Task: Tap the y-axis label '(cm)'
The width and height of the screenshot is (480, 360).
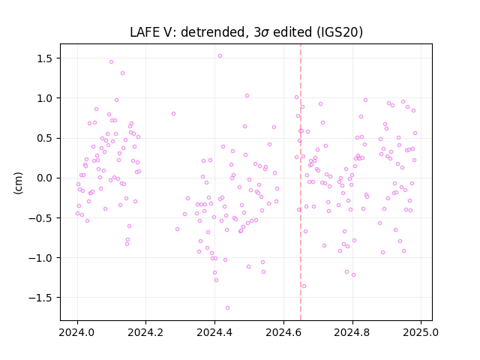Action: (x=18, y=183)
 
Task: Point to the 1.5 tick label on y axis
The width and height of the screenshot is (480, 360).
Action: (x=46, y=58)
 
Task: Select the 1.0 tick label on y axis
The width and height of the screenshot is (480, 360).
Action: (x=46, y=98)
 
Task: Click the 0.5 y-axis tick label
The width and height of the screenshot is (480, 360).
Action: (x=46, y=138)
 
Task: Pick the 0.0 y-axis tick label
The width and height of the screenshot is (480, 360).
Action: (x=46, y=178)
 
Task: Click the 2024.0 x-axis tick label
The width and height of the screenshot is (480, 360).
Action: (x=77, y=332)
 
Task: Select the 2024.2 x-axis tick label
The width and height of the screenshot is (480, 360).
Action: (x=145, y=332)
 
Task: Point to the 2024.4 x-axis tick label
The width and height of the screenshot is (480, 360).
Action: (x=214, y=332)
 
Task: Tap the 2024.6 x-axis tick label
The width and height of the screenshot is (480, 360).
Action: (x=283, y=332)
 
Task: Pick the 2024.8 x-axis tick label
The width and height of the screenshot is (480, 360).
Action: (x=352, y=332)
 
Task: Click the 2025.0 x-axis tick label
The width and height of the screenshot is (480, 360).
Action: (x=421, y=332)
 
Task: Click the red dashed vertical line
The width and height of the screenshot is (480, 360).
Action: (x=301, y=182)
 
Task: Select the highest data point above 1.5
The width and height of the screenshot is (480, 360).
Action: (x=220, y=56)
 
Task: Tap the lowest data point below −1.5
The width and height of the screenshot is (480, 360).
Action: (x=227, y=308)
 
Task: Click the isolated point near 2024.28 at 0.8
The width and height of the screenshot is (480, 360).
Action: (x=173, y=113)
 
